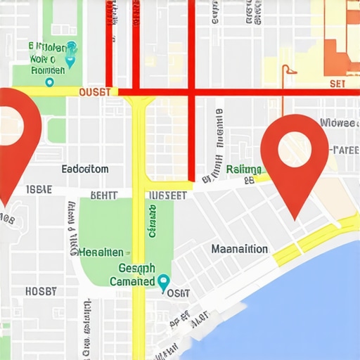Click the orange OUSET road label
(x=94, y=92)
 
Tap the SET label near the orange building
(x=338, y=84)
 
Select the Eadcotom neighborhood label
(x=85, y=169)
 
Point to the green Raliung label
(x=244, y=169)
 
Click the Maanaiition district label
(x=239, y=249)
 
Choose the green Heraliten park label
(x=101, y=252)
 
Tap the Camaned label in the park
(x=132, y=281)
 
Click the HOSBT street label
(x=41, y=291)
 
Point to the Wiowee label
(x=338, y=123)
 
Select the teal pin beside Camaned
(x=164, y=283)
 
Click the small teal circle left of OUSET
(x=49, y=82)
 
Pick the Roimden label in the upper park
(x=49, y=70)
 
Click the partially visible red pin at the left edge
(x=15, y=134)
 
